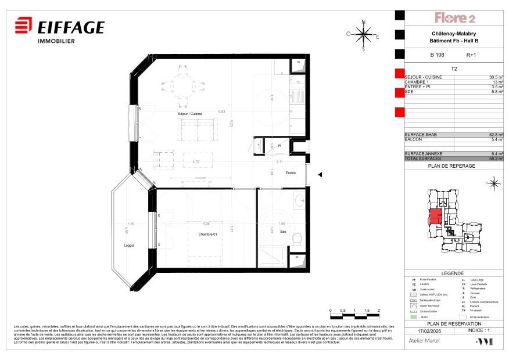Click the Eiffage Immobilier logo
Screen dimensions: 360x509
(x=59, y=30)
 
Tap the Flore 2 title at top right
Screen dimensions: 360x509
(x=455, y=18)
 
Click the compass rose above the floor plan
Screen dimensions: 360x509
(x=364, y=35)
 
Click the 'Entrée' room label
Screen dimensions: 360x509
(x=291, y=173)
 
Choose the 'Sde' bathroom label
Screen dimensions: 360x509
(x=283, y=232)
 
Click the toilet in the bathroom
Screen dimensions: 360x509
(x=297, y=239)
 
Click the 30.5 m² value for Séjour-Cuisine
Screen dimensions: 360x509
(x=496, y=77)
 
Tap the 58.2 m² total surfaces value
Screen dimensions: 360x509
(x=496, y=158)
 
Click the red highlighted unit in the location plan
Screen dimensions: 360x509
(x=435, y=217)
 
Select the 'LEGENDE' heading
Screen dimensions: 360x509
(x=453, y=273)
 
